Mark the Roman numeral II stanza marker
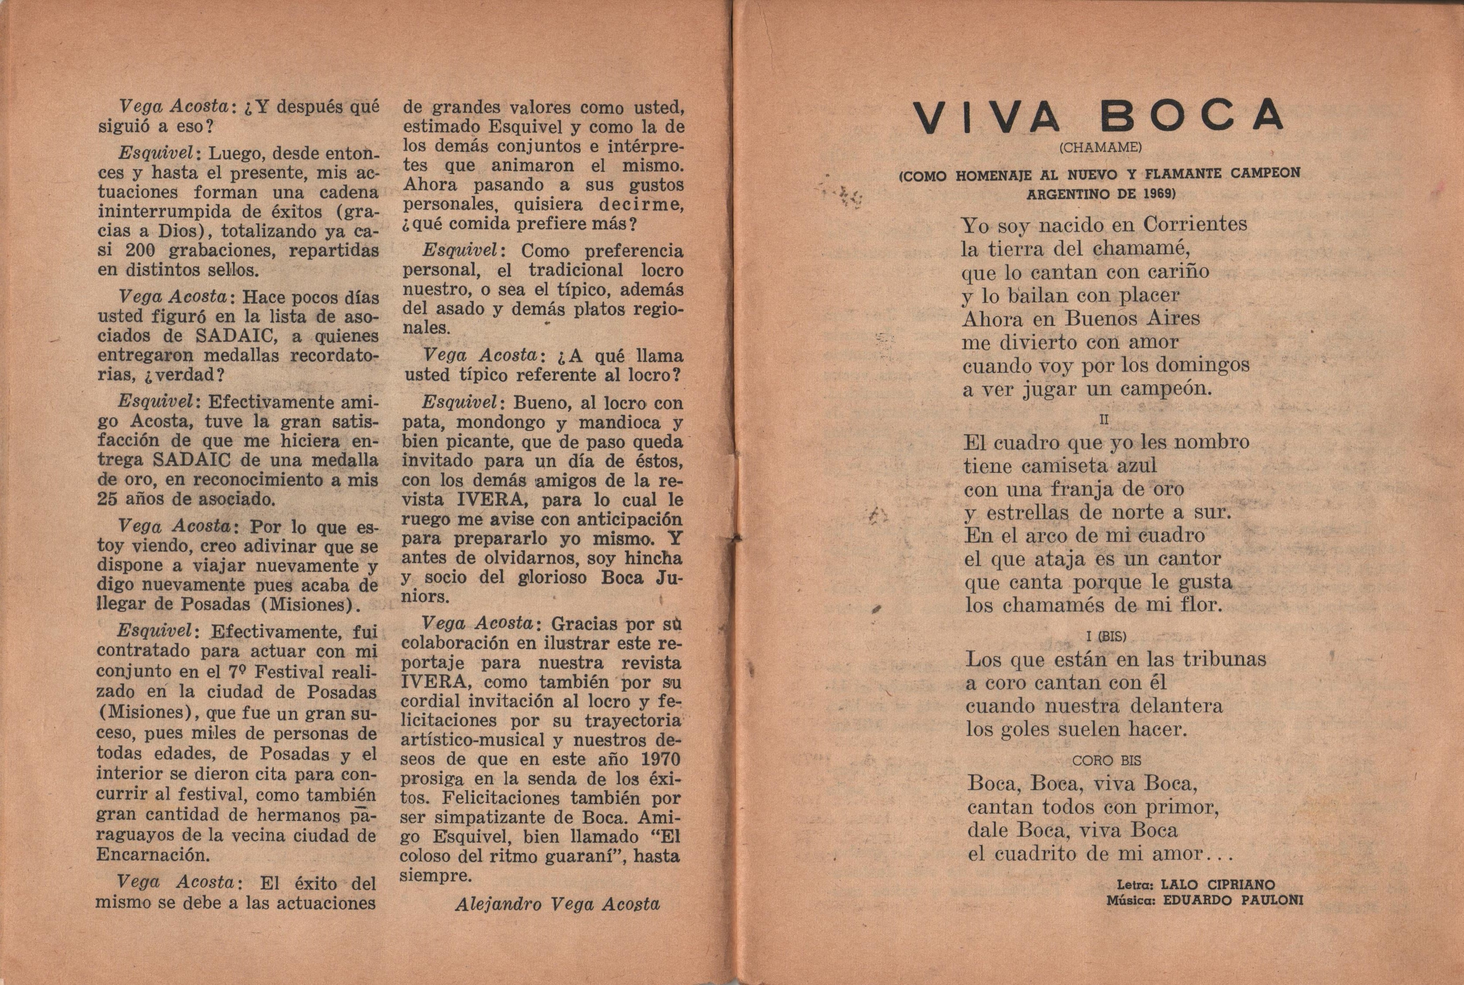pos(1104,420)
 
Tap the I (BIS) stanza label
pos(1106,637)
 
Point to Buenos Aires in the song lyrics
pos(1131,318)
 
